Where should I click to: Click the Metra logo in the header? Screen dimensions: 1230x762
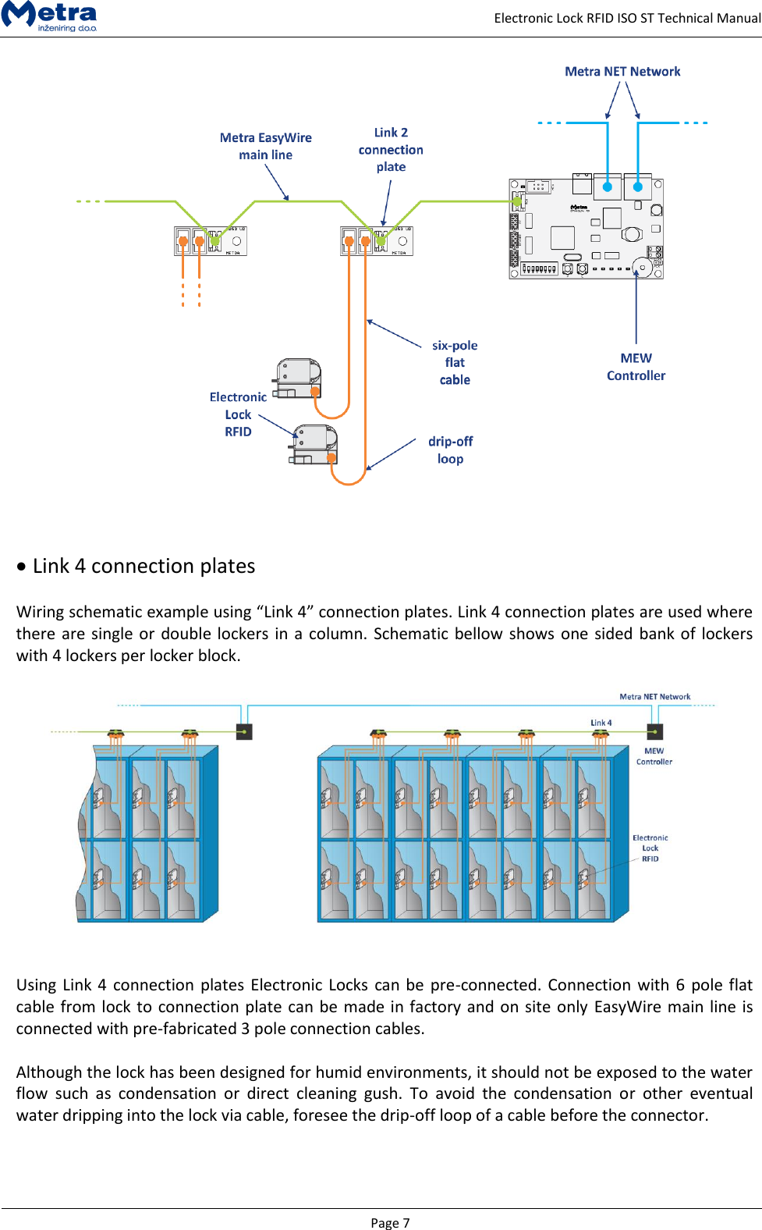49,16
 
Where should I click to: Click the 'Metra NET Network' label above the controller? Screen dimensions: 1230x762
622,71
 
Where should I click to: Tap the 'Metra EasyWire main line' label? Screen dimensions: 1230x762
265,146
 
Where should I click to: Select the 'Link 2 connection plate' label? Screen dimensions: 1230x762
391,149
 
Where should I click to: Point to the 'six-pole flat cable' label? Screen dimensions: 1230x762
455,362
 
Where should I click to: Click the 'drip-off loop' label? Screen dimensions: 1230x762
450,450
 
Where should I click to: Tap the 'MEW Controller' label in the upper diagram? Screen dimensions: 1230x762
636,367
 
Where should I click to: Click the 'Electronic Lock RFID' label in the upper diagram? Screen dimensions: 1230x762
238,414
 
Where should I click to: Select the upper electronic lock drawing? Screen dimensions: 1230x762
298,379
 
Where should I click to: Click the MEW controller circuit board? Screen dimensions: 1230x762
586,228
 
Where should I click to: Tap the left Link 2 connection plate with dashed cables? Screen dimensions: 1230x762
210,240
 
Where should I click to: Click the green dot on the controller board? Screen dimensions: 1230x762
517,201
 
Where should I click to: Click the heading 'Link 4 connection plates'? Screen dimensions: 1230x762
144,566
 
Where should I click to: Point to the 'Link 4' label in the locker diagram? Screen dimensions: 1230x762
601,723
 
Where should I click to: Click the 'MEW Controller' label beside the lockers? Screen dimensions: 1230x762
654,756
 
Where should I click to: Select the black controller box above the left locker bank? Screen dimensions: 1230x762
244,731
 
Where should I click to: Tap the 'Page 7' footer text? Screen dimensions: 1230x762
389,1222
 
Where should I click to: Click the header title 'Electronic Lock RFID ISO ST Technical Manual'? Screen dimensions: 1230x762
626,18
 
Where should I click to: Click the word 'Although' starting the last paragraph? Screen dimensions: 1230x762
49,1072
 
